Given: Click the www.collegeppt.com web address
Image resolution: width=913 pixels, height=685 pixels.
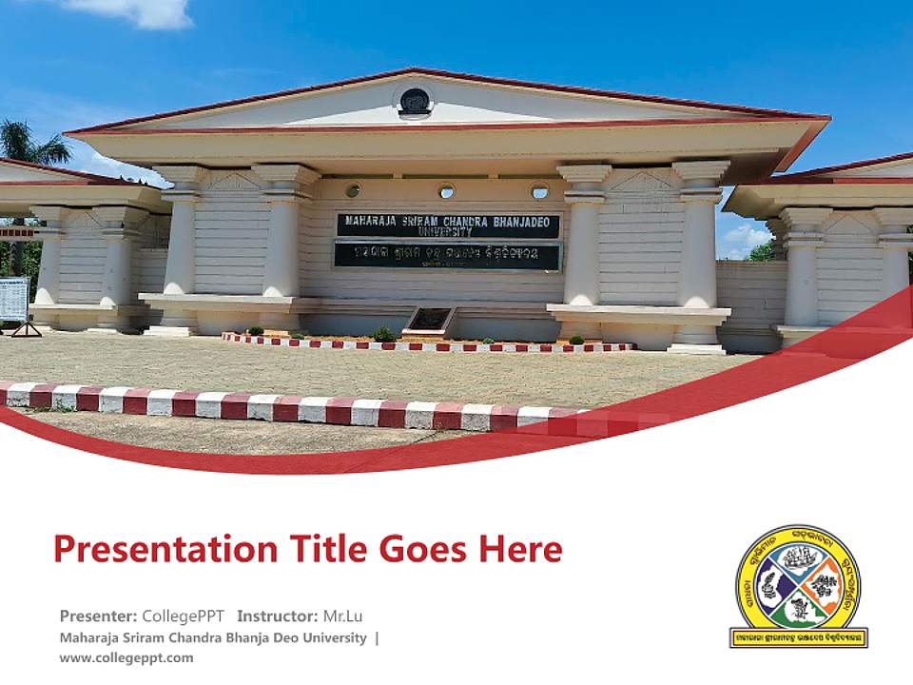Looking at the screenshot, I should pos(126,657).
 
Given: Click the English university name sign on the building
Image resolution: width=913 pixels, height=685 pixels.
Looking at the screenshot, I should pos(448,225).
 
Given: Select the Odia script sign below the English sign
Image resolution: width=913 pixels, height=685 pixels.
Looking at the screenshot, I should pos(448,256).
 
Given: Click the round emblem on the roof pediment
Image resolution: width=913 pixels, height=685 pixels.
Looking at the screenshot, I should pos(415,101).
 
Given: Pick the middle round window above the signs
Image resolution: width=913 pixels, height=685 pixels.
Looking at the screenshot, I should pos(446,191).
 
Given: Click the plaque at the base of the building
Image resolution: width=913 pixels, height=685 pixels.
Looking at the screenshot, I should pos(429,320).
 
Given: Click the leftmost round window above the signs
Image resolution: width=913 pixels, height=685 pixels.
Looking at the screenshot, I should pos(353,190).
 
